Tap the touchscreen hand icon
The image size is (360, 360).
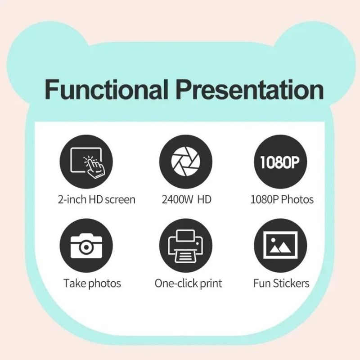86,162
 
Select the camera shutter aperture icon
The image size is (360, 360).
185,162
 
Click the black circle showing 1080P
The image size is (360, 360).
281,162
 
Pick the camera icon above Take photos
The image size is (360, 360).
86,245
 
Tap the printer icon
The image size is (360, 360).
185,245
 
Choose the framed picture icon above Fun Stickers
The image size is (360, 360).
281,245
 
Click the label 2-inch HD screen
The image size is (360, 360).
97,199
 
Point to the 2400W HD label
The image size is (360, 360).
186,199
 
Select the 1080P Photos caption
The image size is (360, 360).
282,199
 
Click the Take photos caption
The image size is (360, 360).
92,283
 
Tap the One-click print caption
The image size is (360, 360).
188,283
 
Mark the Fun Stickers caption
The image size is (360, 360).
281,283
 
